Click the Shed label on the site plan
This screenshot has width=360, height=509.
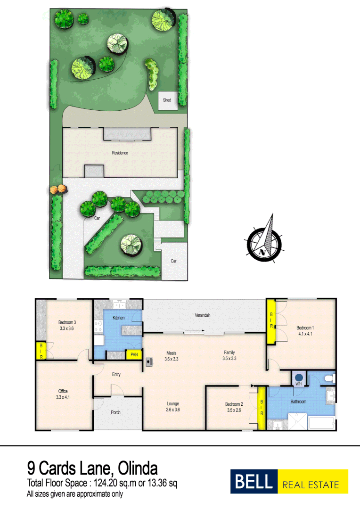pyautogui.click(x=167, y=100)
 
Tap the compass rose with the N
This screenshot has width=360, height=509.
pyautogui.click(x=263, y=242)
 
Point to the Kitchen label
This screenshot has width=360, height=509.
pyautogui.click(x=118, y=318)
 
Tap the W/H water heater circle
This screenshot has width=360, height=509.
pyautogui.click(x=298, y=378)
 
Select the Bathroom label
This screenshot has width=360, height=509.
pyautogui.click(x=298, y=402)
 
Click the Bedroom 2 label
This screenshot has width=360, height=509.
pyautogui.click(x=234, y=404)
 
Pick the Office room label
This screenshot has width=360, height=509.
pyautogui.click(x=63, y=391)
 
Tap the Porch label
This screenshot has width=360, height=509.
pyautogui.click(x=115, y=412)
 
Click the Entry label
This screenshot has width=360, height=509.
pyautogui.click(x=116, y=375)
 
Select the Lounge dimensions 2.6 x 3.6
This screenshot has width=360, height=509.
pyautogui.click(x=172, y=410)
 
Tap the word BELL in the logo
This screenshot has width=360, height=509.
pyautogui.click(x=254, y=482)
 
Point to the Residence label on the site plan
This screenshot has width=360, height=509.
pyautogui.click(x=120, y=153)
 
